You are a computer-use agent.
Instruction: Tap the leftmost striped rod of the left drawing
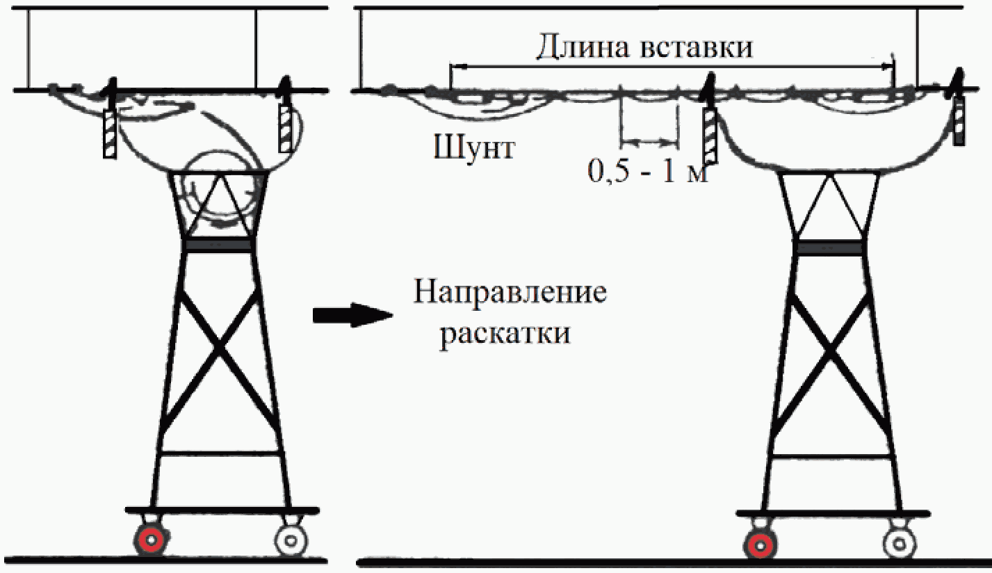pos(109,134)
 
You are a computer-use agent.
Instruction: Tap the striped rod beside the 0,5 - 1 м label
pos(709,135)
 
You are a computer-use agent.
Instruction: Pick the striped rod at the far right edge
pos(959,121)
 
